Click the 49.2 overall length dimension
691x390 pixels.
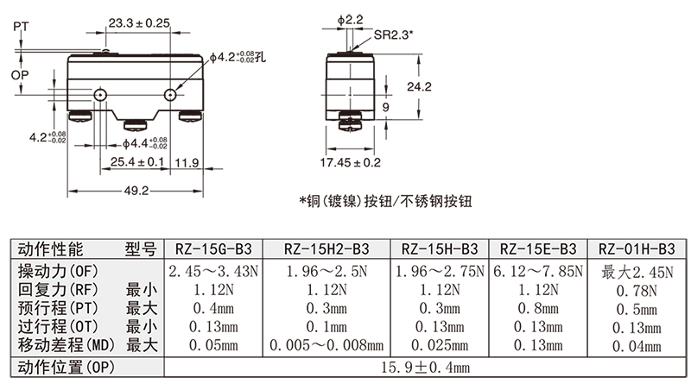point(138,191)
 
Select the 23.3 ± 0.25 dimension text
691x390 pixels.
point(139,23)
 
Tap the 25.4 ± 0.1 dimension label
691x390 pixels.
point(137,162)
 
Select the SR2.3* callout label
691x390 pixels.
point(394,35)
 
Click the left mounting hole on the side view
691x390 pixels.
point(103,93)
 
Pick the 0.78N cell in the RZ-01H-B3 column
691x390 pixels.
point(636,290)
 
